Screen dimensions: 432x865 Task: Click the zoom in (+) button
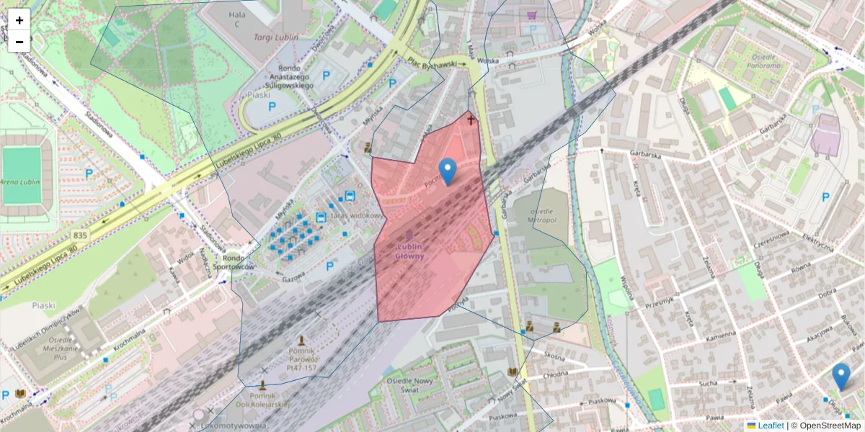[x=19, y=19]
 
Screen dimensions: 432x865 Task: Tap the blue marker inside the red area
[x=448, y=171]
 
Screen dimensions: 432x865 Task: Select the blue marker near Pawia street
[x=840, y=377]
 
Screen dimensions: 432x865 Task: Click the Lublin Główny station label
[x=409, y=251]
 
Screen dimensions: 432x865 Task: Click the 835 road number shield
[x=80, y=235]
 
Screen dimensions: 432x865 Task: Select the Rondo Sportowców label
[x=239, y=262]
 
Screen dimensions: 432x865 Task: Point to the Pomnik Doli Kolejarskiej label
[x=262, y=400]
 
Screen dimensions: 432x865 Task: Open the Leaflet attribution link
[x=771, y=426]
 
